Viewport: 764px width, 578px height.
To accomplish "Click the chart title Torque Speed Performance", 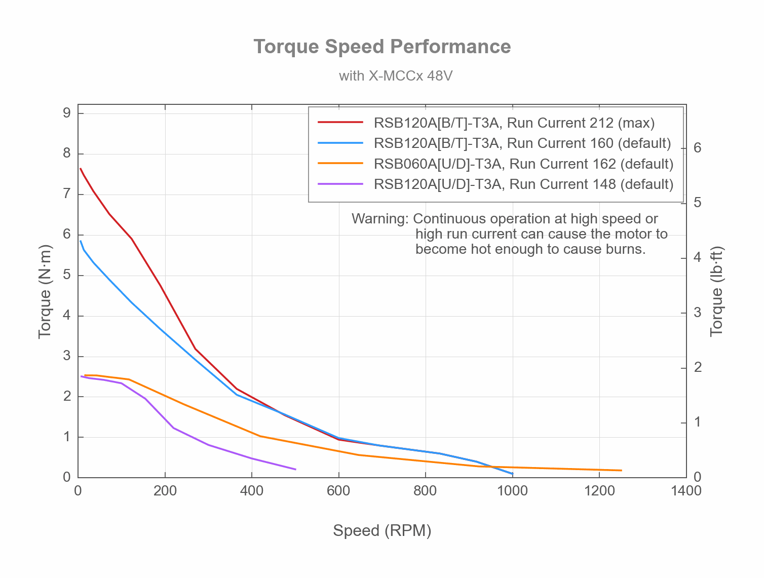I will [x=382, y=47].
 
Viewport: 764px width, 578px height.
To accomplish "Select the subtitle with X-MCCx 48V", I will [x=395, y=76].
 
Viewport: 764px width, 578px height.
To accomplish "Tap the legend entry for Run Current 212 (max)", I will [x=514, y=123].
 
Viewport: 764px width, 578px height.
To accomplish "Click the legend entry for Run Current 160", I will [x=522, y=143].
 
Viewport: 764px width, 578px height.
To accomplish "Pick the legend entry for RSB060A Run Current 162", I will [x=523, y=164].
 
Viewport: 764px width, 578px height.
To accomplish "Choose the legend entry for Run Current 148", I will [x=523, y=184].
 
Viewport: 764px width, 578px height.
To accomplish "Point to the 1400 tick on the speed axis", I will [x=686, y=491].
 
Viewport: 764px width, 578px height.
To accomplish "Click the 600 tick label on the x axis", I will [x=338, y=491].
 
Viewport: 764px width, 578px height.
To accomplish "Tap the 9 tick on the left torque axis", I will [x=67, y=113].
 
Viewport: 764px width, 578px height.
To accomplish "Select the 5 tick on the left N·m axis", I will [x=67, y=275].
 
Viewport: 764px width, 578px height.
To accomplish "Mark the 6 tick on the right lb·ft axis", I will [x=698, y=148].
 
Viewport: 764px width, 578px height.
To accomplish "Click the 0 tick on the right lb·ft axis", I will [x=698, y=477].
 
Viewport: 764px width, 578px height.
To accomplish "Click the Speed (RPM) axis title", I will [x=382, y=530].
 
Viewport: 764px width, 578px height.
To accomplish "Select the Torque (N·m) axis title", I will [x=45, y=291].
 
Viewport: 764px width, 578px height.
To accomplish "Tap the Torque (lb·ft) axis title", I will [x=716, y=291].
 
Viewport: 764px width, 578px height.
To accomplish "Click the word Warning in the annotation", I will [x=379, y=219].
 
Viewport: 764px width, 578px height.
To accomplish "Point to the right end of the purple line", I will [x=295, y=470].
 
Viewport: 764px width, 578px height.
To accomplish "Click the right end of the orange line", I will [x=621, y=471].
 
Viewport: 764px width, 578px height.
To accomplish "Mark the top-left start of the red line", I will [x=81, y=169].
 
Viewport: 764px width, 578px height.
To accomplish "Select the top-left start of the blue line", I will [x=81, y=241].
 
